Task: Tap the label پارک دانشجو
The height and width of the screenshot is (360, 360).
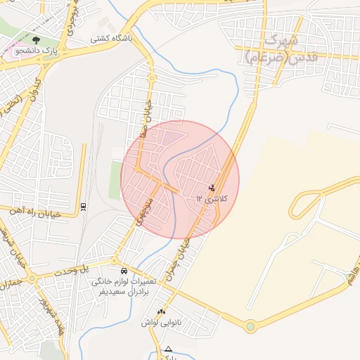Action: pos(37,51)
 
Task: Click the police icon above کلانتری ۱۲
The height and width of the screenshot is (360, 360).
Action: pos(212,188)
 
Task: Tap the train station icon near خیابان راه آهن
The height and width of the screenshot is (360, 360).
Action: pos(84,205)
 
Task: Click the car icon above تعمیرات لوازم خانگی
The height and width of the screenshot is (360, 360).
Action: pos(124,271)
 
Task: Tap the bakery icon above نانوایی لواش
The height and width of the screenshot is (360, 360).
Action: pos(162,311)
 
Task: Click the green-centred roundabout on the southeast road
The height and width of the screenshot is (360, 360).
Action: pos(250,326)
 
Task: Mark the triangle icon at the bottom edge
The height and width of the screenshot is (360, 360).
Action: pos(167,349)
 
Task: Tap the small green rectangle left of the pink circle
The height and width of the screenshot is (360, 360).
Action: pos(115,180)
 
